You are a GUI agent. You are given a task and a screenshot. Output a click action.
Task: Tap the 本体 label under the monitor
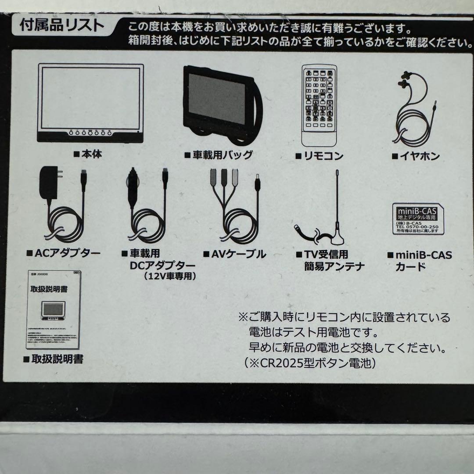point(88,154)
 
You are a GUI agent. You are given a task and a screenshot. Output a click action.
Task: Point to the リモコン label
point(319,156)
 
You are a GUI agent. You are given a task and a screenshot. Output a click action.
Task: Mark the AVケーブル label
point(235,254)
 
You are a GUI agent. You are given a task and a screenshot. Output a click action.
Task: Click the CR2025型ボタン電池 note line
point(314,363)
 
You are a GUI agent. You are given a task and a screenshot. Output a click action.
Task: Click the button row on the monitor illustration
point(90,132)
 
